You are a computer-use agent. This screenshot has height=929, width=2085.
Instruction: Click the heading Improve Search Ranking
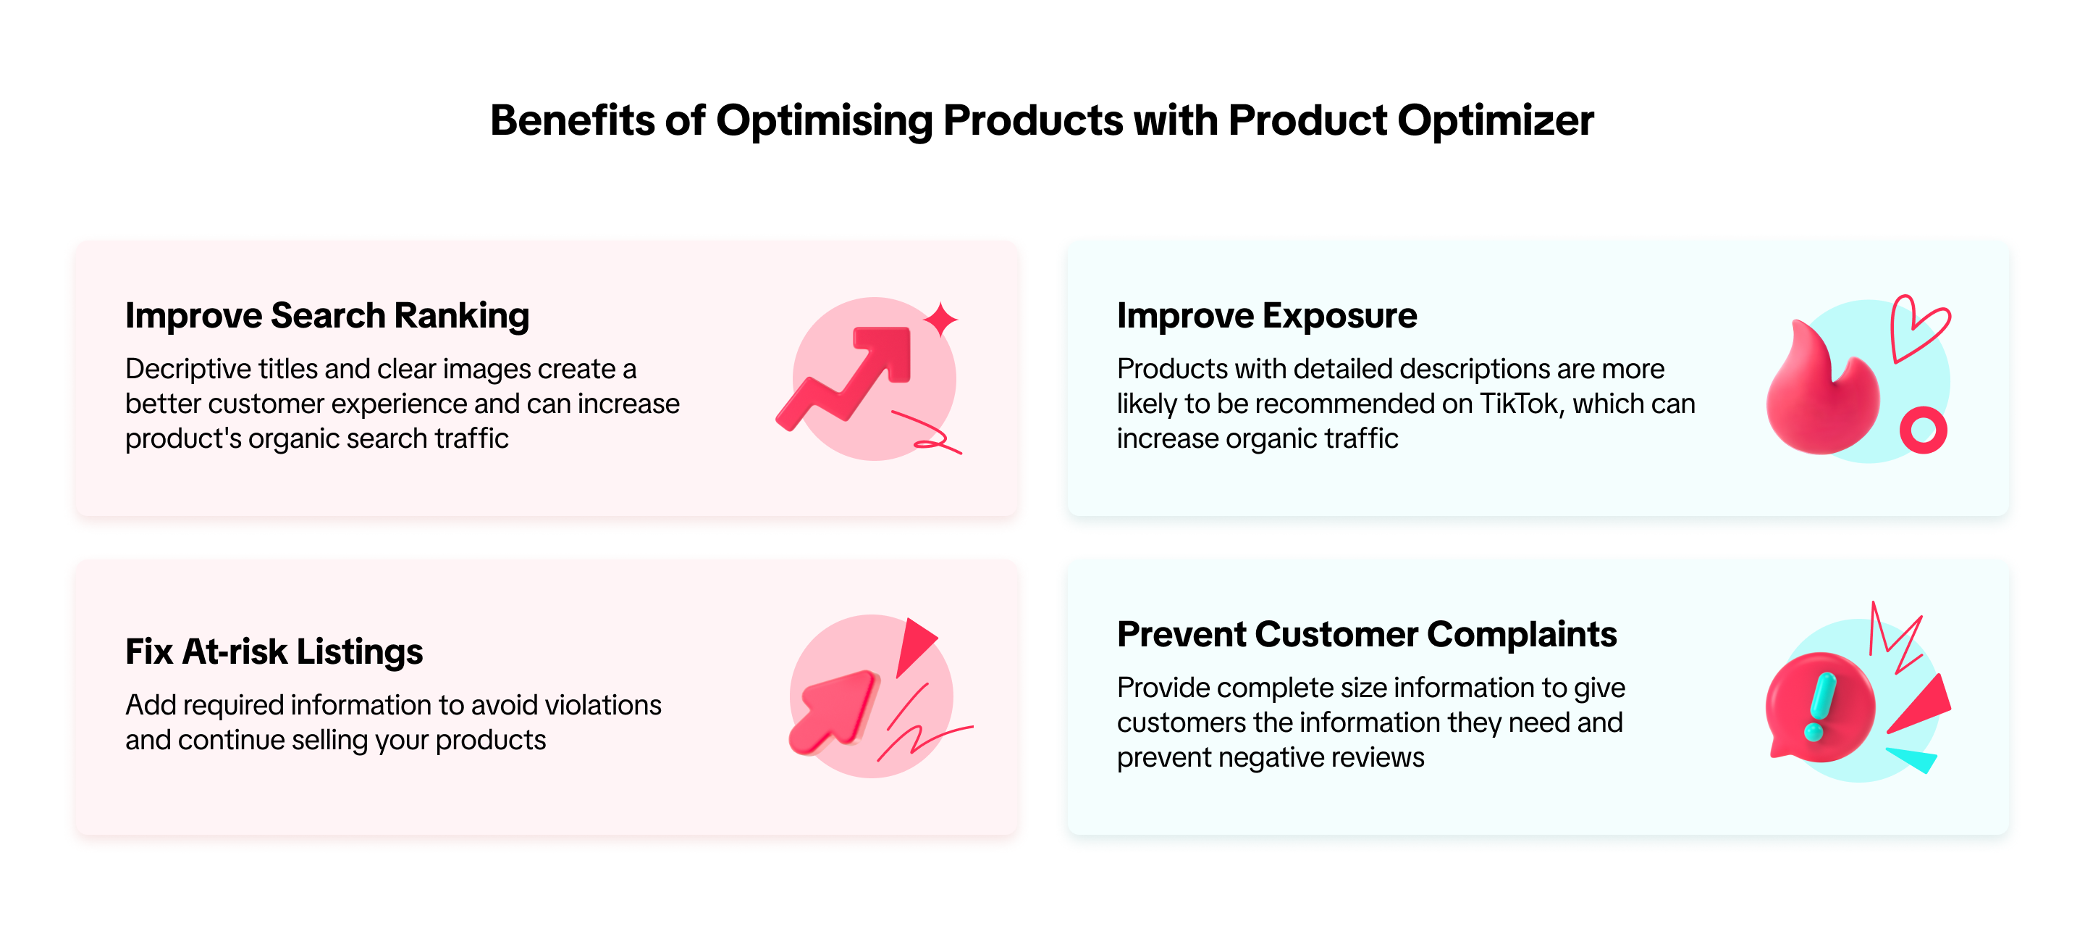pos(327,316)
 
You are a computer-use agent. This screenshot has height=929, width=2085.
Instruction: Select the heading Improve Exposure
pos(1267,316)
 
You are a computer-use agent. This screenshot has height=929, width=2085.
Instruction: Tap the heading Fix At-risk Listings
pos(274,651)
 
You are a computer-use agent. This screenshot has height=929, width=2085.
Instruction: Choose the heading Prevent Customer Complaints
pos(1366,634)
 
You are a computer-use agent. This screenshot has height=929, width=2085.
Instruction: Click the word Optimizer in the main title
pos(1495,122)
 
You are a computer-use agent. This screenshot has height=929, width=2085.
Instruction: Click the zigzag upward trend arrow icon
pos(843,378)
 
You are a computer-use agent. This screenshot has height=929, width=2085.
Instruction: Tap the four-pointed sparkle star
pos(940,319)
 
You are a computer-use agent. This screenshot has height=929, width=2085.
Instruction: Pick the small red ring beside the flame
pos(1923,430)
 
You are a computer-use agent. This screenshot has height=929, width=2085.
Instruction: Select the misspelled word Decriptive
pos(188,370)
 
